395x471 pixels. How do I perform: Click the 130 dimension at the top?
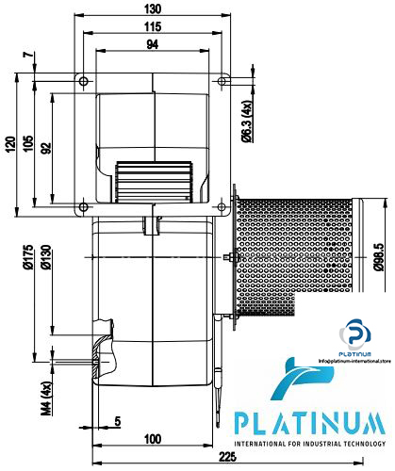point(154,8)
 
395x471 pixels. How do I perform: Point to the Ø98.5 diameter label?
point(377,254)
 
